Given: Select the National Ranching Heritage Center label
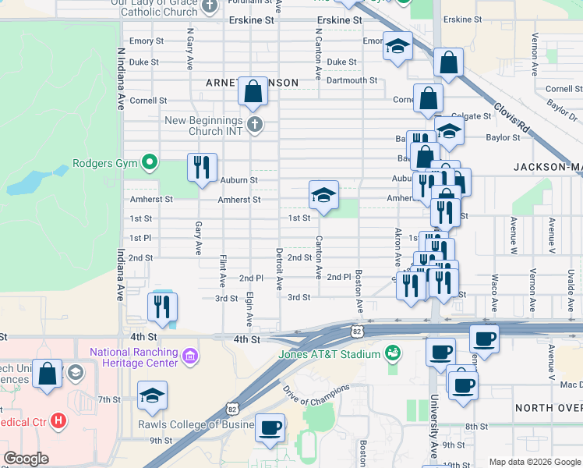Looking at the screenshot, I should (134, 358).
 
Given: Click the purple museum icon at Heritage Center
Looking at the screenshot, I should (189, 358).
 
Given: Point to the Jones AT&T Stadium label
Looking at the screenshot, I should (330, 355).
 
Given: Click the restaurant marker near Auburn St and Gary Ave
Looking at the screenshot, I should (202, 168).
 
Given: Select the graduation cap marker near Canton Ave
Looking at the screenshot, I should (324, 195).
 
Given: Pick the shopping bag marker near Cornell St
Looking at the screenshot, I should (253, 92).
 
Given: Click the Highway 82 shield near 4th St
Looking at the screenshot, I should (356, 331).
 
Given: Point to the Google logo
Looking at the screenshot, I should (26, 459).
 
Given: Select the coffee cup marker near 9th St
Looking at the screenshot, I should (270, 427).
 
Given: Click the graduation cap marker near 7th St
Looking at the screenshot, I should (152, 395).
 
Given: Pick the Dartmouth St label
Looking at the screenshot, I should (352, 80).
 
